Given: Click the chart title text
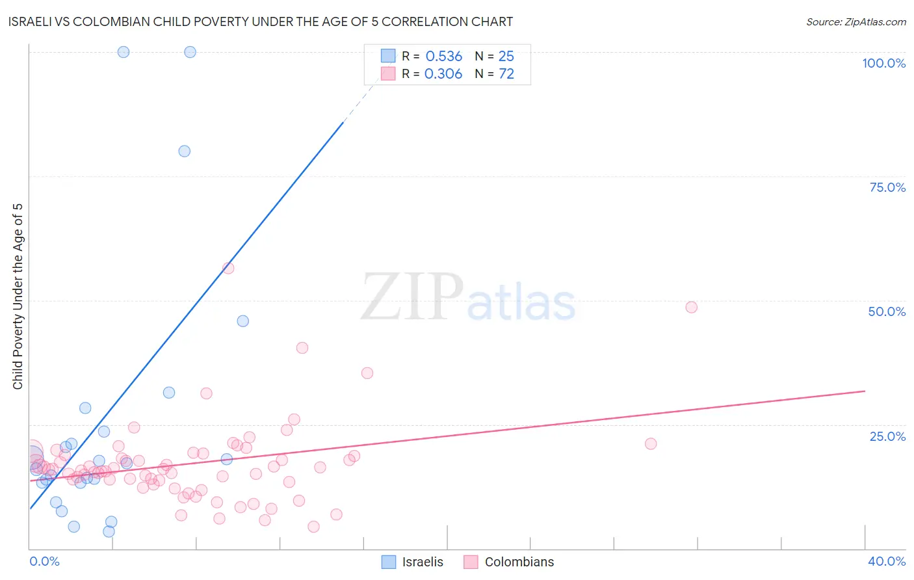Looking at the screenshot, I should tap(260, 21).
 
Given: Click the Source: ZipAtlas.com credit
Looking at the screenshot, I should tap(855, 21).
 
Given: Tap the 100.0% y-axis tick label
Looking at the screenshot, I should tap(883, 63).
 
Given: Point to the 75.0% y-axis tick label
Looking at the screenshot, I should tap(887, 187).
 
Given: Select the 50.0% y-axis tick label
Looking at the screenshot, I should tap(887, 311).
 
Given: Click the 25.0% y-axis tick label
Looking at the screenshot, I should tap(887, 436).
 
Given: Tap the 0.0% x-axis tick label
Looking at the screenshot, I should tap(44, 561).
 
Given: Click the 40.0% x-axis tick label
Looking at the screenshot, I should tap(886, 561).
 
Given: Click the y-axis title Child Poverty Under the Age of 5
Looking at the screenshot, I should tap(18, 297).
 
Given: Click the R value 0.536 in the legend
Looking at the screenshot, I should tap(443, 57).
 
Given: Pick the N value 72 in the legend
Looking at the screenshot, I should tap(506, 74).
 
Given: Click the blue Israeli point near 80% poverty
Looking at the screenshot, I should tap(185, 151).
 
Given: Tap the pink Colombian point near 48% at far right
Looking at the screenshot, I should tap(691, 307).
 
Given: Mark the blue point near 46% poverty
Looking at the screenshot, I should tap(242, 321).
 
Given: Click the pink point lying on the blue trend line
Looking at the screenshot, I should tap(228, 268).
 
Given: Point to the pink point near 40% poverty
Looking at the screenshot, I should tap(302, 348).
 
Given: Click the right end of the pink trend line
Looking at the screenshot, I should tap(865, 391).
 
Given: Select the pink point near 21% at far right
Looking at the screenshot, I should tap(651, 443).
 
